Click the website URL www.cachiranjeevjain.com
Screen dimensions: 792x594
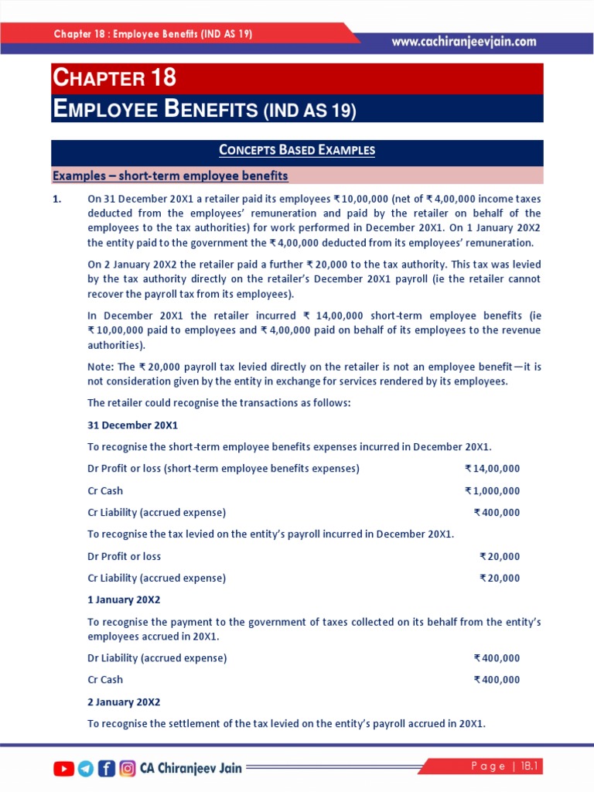point(464,42)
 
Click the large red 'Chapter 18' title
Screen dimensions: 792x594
point(114,78)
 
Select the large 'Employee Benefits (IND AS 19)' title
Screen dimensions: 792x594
point(204,110)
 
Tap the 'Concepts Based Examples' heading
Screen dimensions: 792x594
point(297,150)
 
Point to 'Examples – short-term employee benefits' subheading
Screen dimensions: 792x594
point(170,176)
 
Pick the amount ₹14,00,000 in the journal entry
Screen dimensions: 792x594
point(493,469)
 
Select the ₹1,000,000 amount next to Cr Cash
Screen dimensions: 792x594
point(493,490)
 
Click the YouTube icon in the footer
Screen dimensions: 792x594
point(63,768)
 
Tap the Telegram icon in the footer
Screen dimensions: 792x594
point(85,768)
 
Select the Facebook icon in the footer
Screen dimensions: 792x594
point(107,768)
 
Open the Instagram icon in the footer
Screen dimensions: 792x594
point(128,768)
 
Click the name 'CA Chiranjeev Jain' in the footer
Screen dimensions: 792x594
point(190,768)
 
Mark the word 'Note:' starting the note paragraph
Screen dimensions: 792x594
point(101,366)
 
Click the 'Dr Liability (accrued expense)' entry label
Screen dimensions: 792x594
point(157,658)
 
